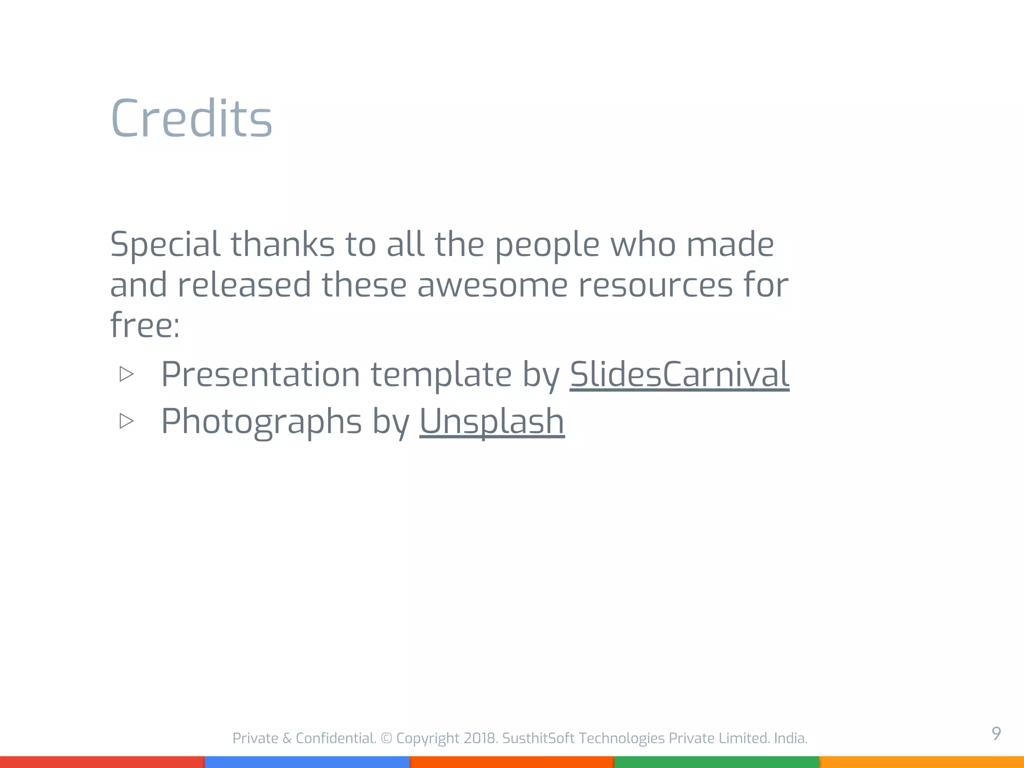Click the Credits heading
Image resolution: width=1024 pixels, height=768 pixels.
pyautogui.click(x=191, y=118)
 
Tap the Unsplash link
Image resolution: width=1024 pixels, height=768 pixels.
pyautogui.click(x=492, y=421)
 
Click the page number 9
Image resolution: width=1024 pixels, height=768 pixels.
pyautogui.click(x=996, y=733)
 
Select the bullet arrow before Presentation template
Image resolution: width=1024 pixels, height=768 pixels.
pyautogui.click(x=126, y=374)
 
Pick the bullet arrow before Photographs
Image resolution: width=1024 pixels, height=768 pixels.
pyautogui.click(x=126, y=421)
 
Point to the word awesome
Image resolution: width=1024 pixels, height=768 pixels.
pyautogui.click(x=492, y=285)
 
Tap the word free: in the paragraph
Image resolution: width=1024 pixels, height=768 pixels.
pyautogui.click(x=144, y=325)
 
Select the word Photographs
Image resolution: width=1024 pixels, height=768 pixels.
pyautogui.click(x=261, y=422)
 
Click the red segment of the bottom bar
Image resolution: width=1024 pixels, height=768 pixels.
pyautogui.click(x=102, y=762)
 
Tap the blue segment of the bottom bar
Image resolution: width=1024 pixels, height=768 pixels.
pyautogui.click(x=307, y=762)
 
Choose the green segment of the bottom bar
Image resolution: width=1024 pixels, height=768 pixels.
pyautogui.click(x=716, y=762)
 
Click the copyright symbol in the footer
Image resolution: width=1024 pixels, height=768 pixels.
pyautogui.click(x=386, y=738)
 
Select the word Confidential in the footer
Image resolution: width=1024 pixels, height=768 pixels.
pyautogui.click(x=335, y=738)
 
